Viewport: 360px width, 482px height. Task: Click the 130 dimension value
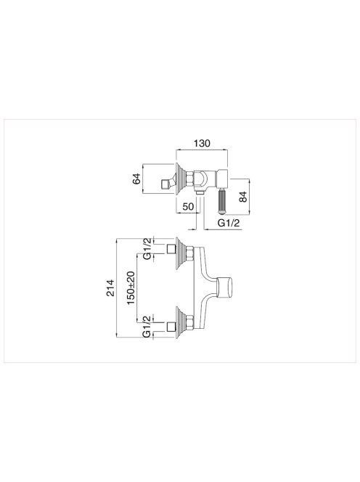202,143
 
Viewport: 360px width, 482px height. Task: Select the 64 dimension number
136,179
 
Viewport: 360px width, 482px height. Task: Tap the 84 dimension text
243,197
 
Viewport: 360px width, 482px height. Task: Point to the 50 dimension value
189,207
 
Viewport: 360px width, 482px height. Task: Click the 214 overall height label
110,287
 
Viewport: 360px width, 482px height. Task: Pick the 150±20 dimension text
131,288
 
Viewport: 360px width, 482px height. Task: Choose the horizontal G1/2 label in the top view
228,223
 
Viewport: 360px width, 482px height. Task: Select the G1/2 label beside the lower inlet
148,327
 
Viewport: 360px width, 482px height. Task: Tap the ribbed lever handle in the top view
222,201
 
